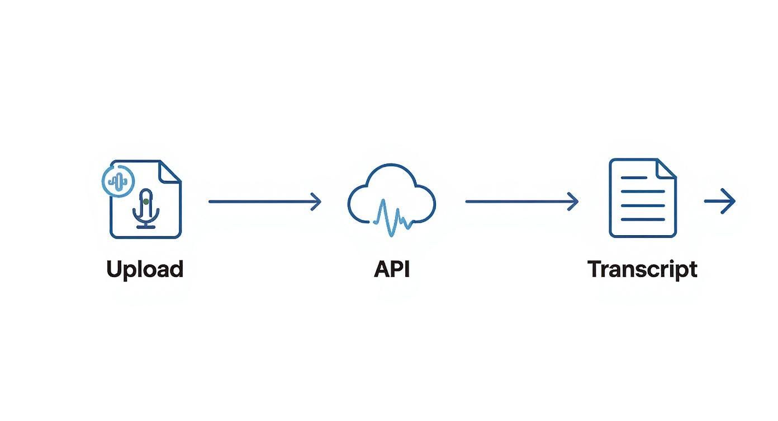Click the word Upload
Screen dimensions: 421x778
click(x=145, y=269)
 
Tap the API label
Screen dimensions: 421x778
click(x=392, y=269)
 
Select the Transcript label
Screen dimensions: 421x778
click(x=642, y=269)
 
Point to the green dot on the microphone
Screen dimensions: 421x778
click(x=146, y=200)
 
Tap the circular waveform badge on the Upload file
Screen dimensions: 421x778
click(x=118, y=180)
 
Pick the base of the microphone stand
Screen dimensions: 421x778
click(x=146, y=226)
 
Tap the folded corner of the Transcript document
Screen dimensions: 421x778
click(x=667, y=169)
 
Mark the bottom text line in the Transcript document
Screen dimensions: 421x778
click(x=643, y=219)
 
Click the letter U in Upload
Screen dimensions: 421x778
click(x=114, y=269)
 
